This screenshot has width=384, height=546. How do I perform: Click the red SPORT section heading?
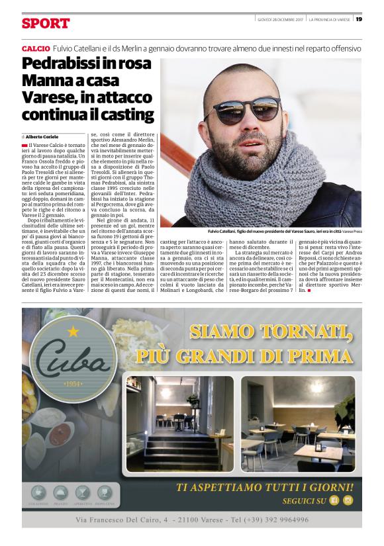point(46,24)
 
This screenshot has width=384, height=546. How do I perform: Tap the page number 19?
point(358,19)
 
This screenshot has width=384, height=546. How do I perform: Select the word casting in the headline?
point(129,114)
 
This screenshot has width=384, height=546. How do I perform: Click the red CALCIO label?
point(34,49)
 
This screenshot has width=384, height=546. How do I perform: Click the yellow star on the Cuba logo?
point(73,329)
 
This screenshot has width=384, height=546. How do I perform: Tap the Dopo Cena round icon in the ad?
point(104,492)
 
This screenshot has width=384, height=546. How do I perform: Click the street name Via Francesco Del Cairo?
point(121,520)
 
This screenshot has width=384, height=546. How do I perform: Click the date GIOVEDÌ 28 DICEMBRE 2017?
point(280,19)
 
